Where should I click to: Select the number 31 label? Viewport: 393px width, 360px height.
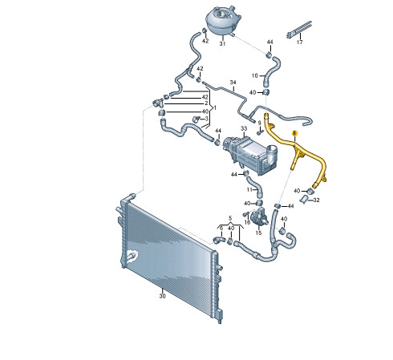[222, 43]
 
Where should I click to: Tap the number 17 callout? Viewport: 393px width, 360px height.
[300, 42]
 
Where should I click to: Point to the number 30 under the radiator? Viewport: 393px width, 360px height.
[162, 296]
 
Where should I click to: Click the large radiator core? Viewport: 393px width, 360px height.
[171, 257]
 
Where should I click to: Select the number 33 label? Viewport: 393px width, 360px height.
[244, 129]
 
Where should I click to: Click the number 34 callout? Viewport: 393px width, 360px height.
[233, 82]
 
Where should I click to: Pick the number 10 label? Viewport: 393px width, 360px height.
[254, 75]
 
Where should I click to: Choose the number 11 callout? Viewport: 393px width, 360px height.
[249, 190]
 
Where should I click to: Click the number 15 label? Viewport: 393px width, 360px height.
[258, 233]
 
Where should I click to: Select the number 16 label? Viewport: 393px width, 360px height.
[247, 222]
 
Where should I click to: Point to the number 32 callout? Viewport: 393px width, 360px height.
[316, 200]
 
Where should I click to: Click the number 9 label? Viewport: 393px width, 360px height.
[259, 123]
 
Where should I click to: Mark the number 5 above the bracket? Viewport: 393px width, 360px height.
[230, 218]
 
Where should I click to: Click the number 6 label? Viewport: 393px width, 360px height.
[221, 228]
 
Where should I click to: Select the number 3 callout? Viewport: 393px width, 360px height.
[206, 119]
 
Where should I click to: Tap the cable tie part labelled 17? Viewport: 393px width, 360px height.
[299, 29]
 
